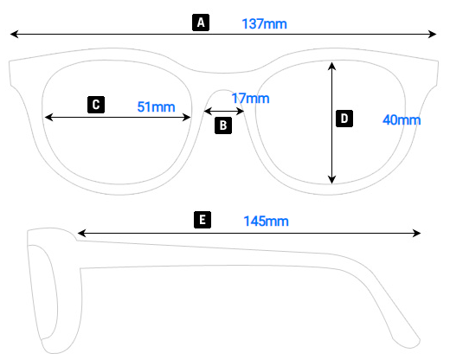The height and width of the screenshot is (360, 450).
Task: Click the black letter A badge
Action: pyautogui.click(x=201, y=22)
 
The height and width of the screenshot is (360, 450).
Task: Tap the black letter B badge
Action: pyautogui.click(x=223, y=125)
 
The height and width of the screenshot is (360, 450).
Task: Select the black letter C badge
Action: pyautogui.click(x=96, y=105)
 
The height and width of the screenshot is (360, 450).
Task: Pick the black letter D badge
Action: pyautogui.click(x=344, y=119)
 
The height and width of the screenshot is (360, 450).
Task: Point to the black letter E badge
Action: pyautogui.click(x=202, y=220)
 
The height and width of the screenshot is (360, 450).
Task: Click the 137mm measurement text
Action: pyautogui.click(x=264, y=23)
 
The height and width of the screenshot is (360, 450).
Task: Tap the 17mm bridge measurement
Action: pyautogui.click(x=251, y=99)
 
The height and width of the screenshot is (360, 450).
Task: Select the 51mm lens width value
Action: pyautogui.click(x=156, y=106)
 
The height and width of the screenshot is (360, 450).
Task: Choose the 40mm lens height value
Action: pyautogui.click(x=402, y=119)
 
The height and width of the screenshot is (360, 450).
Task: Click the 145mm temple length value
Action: pyautogui.click(x=266, y=222)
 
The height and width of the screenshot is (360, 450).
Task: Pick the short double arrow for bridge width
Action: pyautogui.click(x=224, y=111)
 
